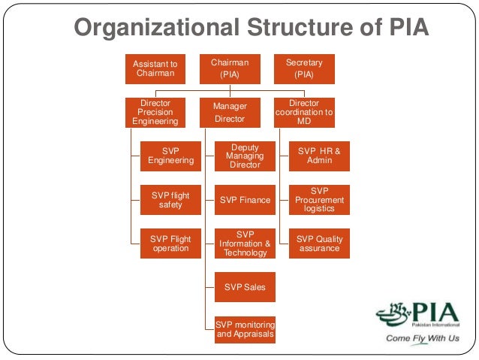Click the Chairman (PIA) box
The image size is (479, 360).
[x=230, y=68]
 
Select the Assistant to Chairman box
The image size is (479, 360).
[x=155, y=68]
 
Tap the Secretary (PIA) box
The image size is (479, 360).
[x=304, y=68]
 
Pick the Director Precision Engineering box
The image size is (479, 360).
[x=155, y=112]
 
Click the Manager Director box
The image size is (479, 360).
[x=230, y=112]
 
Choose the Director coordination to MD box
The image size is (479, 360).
[x=304, y=112]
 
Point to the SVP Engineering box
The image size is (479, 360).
[x=170, y=156]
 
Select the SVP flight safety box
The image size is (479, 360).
[x=170, y=200]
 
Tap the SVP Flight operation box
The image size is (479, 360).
[x=170, y=244]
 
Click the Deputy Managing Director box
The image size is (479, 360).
[x=245, y=156]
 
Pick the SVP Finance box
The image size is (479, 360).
[x=245, y=200]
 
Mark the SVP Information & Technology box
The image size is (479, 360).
[x=245, y=244]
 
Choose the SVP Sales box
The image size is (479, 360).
[x=245, y=287]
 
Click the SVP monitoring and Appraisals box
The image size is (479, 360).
[x=245, y=329]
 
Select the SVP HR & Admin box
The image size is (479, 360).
[x=319, y=156]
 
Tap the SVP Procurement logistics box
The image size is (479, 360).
[x=319, y=200]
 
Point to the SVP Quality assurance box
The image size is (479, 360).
[x=319, y=244]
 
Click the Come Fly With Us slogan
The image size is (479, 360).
[x=423, y=338]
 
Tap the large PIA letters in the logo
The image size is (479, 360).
[x=435, y=312]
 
